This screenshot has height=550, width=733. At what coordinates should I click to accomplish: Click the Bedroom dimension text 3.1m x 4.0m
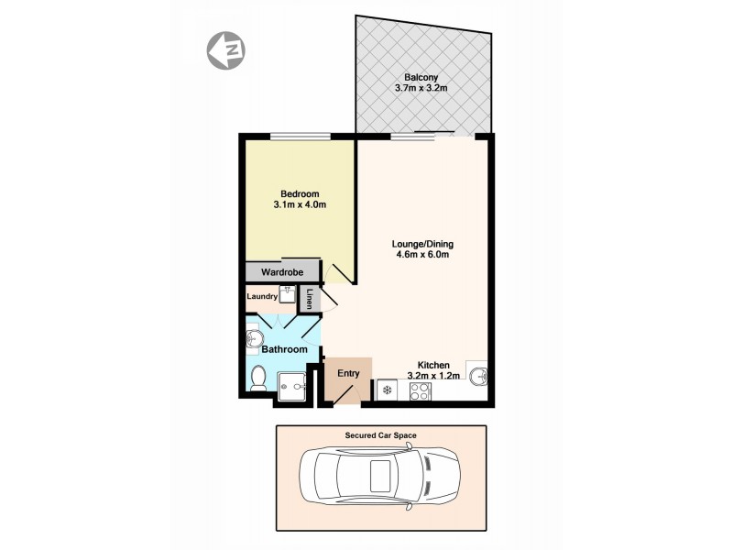[300, 205]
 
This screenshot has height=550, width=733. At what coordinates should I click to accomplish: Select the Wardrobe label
[282, 272]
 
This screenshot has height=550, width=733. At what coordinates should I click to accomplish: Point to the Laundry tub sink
[286, 295]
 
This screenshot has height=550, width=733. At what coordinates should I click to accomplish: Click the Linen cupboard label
[311, 299]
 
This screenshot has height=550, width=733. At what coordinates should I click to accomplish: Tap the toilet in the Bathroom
[257, 376]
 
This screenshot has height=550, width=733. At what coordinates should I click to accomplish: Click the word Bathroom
[284, 349]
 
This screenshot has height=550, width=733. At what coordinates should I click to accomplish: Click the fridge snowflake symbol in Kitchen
[388, 391]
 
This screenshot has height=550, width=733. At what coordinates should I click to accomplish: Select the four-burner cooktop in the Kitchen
[421, 391]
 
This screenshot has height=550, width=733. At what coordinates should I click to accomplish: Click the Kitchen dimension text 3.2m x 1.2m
[433, 376]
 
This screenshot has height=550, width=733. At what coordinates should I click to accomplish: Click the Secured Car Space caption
[381, 435]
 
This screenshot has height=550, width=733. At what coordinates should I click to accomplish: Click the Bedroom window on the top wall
[300, 137]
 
